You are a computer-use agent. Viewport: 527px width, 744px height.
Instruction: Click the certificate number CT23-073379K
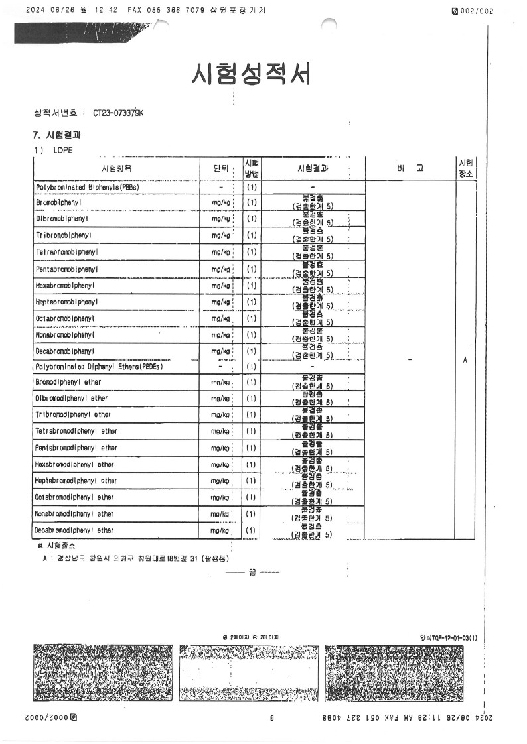click(118, 113)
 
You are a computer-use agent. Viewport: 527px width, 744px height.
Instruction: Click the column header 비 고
click(409, 168)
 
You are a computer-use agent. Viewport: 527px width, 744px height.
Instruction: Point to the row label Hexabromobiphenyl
click(66, 285)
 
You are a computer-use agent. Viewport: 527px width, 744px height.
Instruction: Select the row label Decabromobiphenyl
click(64, 351)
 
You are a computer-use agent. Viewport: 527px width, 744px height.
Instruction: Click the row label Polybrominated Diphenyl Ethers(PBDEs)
click(99, 366)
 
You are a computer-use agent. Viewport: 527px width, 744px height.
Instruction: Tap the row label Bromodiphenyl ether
click(68, 382)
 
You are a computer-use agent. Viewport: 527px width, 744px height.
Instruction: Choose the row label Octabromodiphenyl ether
click(74, 497)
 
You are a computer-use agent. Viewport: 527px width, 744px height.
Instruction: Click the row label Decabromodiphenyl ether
click(74, 530)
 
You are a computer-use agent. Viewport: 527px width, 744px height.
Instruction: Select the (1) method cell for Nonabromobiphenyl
click(252, 335)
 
